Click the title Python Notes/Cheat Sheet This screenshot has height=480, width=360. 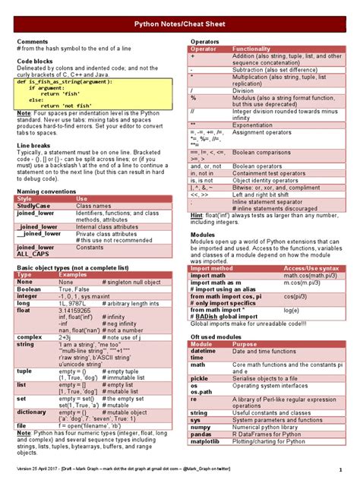180,24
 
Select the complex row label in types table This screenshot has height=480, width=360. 30,336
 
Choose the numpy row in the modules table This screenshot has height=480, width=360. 201,426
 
